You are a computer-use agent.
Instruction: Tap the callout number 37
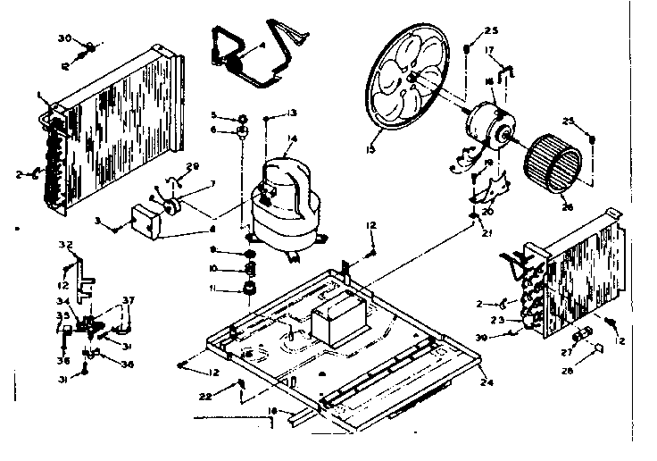coord(129,300)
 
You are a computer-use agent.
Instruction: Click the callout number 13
coord(291,113)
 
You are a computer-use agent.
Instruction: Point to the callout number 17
coord(488,51)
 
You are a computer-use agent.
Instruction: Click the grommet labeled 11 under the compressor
coord(249,288)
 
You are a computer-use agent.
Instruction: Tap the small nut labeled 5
coord(241,116)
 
